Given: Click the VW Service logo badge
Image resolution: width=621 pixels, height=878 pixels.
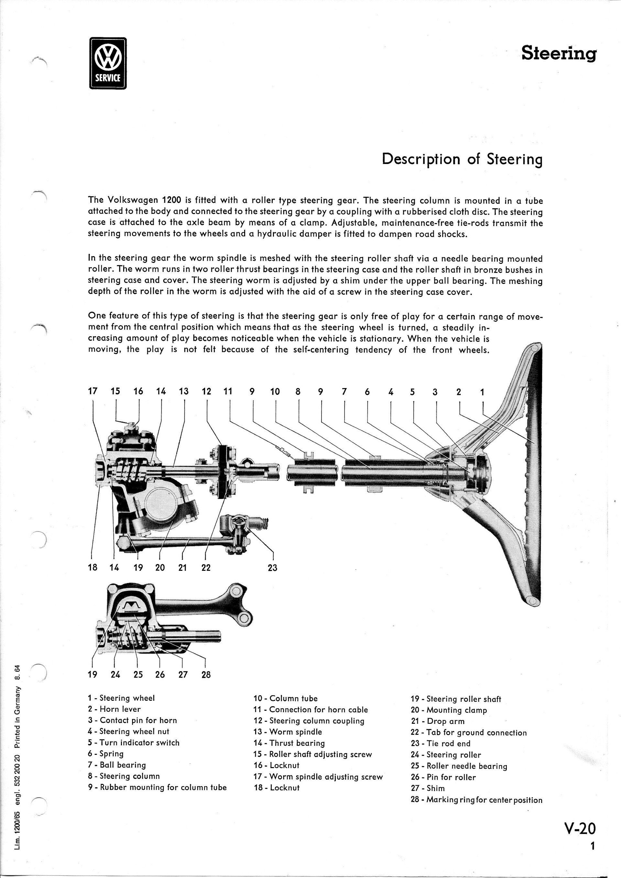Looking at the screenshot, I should click(107, 63).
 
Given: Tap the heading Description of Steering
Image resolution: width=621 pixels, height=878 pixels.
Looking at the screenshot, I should click(462, 159).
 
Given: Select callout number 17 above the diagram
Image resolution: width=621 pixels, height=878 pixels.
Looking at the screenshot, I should click(93, 391).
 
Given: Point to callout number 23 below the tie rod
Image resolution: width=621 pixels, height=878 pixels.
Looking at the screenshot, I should click(272, 568).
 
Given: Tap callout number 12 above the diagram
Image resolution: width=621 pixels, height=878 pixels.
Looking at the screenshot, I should click(206, 391).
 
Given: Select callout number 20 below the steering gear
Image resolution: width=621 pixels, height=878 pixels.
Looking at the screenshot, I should click(160, 568).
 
